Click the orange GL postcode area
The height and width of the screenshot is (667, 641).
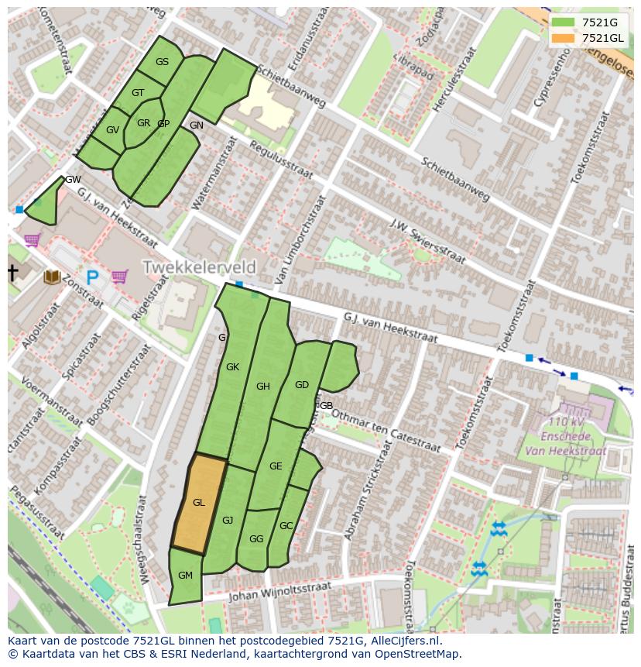[199, 504]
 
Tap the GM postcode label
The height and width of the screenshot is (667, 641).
[185, 576]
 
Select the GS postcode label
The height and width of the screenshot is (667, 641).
[162, 62]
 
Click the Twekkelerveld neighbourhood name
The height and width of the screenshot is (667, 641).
[199, 267]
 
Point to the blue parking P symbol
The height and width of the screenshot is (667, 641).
[92, 277]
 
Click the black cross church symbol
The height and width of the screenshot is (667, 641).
[12, 273]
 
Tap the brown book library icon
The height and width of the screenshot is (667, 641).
[53, 277]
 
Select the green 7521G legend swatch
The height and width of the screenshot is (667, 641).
[564, 22]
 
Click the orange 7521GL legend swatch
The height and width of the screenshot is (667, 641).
[564, 38]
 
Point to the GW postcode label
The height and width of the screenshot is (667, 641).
[73, 180]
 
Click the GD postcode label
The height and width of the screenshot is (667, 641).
[302, 385]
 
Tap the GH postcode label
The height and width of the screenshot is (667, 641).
[263, 387]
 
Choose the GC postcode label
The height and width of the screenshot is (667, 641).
[286, 526]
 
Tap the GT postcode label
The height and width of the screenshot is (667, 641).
[138, 93]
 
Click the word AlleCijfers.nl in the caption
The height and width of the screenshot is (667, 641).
[403, 641]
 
